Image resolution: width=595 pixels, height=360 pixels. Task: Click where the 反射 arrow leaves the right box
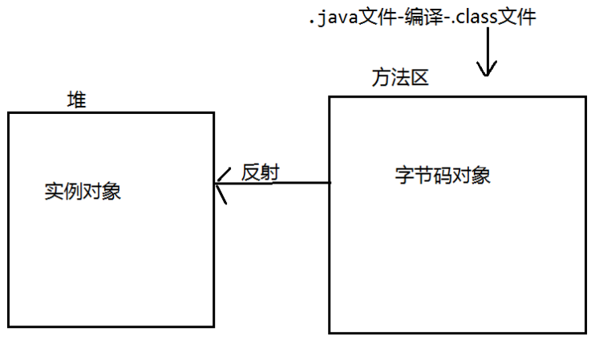click(x=330, y=183)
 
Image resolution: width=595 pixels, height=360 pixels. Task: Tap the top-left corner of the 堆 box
click(x=9, y=113)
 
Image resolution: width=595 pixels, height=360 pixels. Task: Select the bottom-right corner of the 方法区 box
click(x=585, y=332)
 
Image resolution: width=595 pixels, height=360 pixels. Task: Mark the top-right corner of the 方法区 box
click(x=585, y=97)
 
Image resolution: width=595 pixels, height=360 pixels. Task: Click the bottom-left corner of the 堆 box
click(x=9, y=326)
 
